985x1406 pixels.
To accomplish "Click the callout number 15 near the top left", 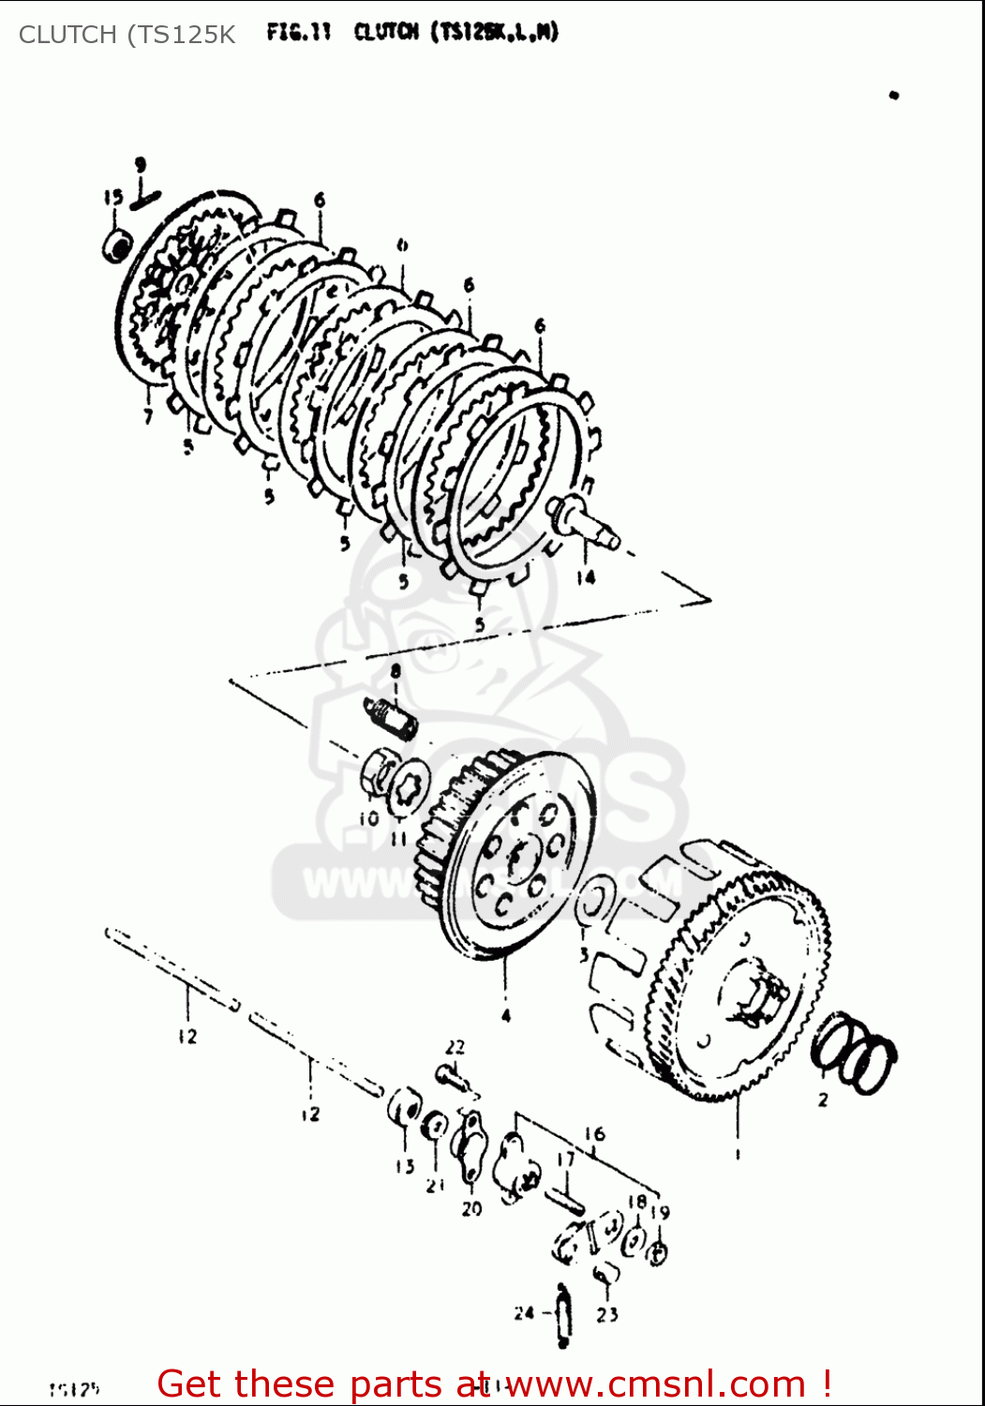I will [113, 198].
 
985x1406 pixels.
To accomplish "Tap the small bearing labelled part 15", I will [117, 246].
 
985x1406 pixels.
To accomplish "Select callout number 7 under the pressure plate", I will [148, 416].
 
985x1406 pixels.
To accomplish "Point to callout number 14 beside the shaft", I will [586, 577].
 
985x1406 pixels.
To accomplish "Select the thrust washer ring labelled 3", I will [593, 901].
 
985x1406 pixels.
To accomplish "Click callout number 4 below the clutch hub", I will [506, 1016].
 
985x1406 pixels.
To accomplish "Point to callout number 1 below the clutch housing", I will [738, 1155].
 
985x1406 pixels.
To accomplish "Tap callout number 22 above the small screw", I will [455, 1047].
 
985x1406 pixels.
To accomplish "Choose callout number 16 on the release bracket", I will [595, 1135].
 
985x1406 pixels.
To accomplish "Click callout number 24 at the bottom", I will [524, 1313].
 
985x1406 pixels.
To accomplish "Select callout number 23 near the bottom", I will [607, 1315].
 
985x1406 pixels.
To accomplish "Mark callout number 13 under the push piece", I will [404, 1167].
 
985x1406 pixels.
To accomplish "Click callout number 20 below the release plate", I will [471, 1209].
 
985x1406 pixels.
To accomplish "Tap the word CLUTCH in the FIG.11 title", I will [385, 33].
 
